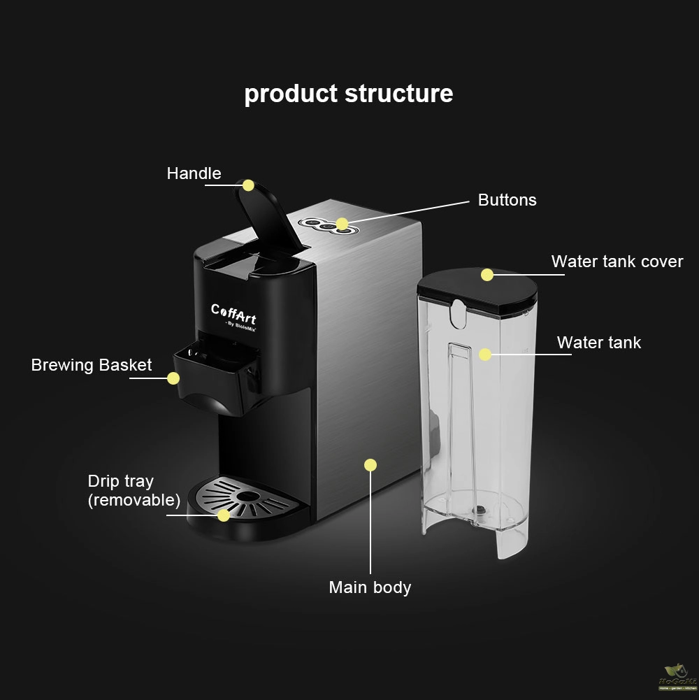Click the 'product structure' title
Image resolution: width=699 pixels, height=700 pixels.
(x=348, y=94)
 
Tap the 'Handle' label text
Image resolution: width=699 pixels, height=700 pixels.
(x=194, y=173)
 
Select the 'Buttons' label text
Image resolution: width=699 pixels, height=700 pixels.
(x=507, y=200)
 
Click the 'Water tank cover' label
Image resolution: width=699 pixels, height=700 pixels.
(x=617, y=262)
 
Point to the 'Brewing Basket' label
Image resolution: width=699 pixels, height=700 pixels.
(x=92, y=365)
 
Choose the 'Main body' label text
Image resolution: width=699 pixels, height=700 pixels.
(x=370, y=587)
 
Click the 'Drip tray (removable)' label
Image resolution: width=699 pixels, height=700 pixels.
(x=134, y=490)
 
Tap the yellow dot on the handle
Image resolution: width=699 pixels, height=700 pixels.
(x=248, y=185)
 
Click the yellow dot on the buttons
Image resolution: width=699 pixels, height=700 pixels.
(x=342, y=224)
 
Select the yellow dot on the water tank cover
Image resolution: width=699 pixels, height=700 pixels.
(x=487, y=275)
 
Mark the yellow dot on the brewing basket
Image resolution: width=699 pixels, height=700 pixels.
(x=173, y=378)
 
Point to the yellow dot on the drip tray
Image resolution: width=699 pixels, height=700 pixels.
(x=223, y=515)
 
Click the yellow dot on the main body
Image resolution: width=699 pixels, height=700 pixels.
(x=370, y=465)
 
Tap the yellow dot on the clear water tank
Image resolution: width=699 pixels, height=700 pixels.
(x=485, y=355)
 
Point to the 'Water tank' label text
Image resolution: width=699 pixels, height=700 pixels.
(x=598, y=343)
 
